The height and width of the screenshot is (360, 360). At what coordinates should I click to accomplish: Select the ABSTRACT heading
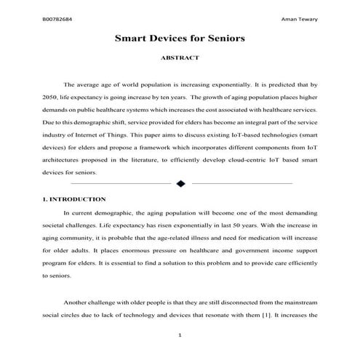[180, 57]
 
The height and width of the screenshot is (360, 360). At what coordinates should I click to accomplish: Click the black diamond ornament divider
[180, 183]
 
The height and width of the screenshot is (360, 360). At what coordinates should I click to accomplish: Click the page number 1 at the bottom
[180, 335]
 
